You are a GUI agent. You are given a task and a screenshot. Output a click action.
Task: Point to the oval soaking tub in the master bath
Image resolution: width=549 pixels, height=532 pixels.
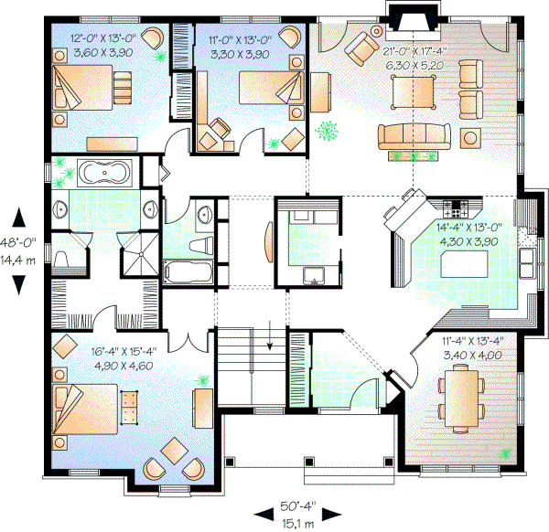pos(107,172)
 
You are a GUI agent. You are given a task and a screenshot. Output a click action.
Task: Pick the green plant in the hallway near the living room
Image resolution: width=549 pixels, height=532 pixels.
pos(324,133)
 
